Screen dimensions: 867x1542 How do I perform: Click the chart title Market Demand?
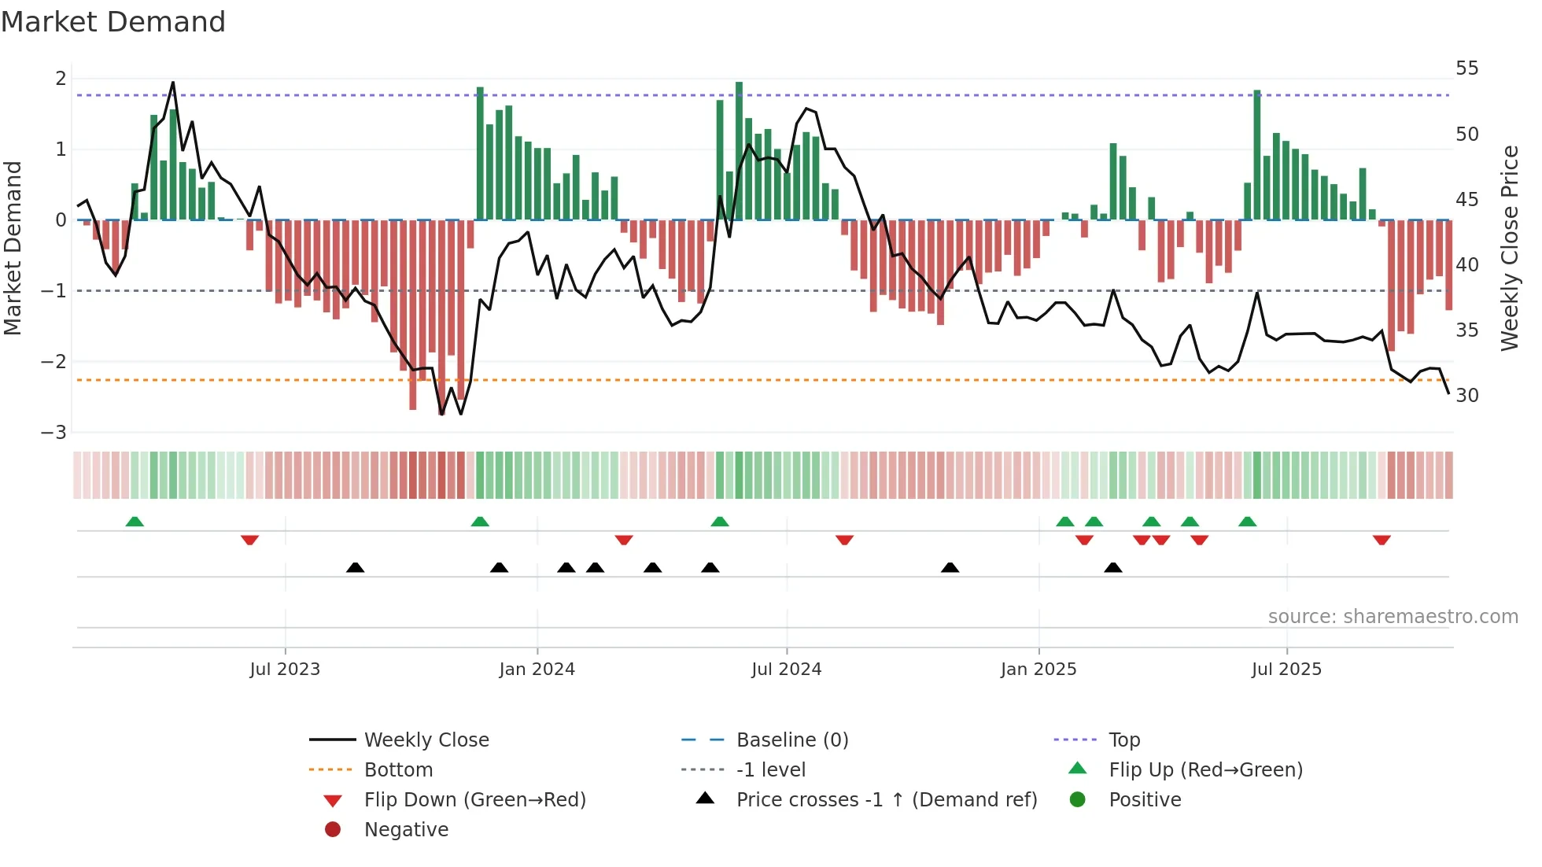(x=113, y=22)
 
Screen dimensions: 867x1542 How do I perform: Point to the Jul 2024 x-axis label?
(x=786, y=670)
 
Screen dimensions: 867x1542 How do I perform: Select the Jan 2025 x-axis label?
(x=1038, y=670)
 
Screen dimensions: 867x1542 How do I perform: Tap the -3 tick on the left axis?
(x=54, y=433)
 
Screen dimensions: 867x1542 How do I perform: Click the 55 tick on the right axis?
(x=1466, y=68)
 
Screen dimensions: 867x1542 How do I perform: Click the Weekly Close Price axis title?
(x=1509, y=248)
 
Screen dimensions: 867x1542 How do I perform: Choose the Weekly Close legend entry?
(x=426, y=740)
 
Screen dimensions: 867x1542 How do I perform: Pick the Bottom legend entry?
(x=398, y=770)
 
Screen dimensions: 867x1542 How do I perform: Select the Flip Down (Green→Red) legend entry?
(x=474, y=800)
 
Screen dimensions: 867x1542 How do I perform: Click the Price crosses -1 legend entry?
(x=886, y=800)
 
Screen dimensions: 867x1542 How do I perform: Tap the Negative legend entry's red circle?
(x=333, y=830)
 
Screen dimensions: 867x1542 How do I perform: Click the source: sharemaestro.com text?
(x=1393, y=617)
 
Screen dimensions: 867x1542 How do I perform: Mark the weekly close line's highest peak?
(x=173, y=83)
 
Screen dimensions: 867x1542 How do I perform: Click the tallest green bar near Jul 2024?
(x=739, y=149)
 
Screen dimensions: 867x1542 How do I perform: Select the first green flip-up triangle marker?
(x=135, y=522)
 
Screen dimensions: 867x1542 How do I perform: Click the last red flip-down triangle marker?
(x=1382, y=540)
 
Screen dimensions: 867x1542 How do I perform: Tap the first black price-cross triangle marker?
(x=356, y=567)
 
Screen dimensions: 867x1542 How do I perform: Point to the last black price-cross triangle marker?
(x=1112, y=567)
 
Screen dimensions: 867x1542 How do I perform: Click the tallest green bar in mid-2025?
(x=1257, y=154)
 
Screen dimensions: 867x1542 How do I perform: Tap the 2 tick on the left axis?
(x=61, y=79)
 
